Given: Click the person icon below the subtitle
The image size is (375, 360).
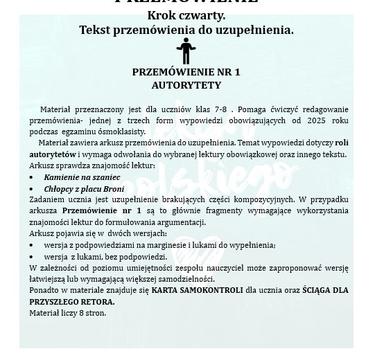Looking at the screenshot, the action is [186, 51].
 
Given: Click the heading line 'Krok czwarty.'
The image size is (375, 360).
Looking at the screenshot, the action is [186, 15].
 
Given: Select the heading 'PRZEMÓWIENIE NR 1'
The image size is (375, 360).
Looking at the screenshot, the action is [186, 72].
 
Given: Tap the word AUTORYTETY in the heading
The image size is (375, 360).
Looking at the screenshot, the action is [186, 85].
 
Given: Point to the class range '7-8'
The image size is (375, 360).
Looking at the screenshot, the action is [220, 109].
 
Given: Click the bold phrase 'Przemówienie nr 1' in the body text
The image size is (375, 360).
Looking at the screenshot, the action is [101, 210].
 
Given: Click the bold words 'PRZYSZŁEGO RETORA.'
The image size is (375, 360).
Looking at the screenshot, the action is [72, 301].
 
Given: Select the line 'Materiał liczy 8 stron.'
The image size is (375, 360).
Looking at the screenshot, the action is [68, 313].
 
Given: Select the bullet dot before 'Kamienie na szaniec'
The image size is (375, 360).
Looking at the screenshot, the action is [31, 178].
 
